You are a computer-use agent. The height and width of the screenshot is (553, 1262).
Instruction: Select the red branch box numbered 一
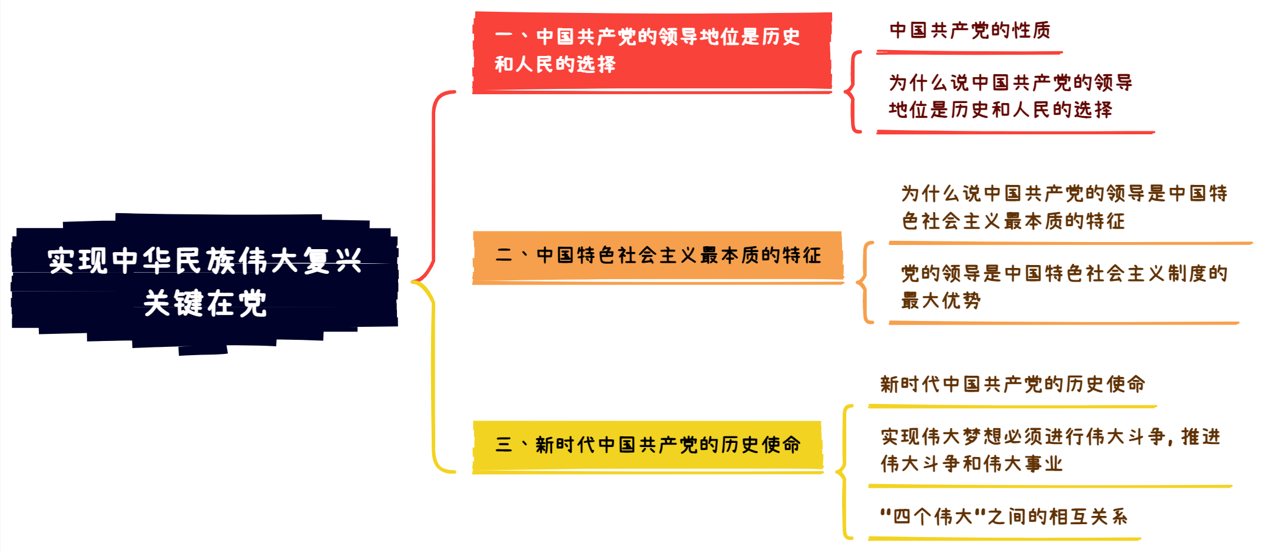tap(651, 52)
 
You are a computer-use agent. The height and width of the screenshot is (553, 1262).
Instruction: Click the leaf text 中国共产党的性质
tap(969, 31)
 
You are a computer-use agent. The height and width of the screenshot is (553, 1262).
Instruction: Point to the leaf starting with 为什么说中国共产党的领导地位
tap(1010, 96)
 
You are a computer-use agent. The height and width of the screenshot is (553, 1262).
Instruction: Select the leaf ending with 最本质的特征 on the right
tap(1064, 207)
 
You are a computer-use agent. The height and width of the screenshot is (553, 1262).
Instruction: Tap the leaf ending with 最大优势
tap(1064, 287)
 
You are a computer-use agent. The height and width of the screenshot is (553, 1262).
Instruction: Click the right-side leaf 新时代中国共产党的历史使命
tap(1012, 385)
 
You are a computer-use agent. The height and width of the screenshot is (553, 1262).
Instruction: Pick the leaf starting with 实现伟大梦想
tap(1049, 450)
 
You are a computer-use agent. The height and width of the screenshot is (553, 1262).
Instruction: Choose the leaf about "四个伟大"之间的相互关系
tap(1003, 517)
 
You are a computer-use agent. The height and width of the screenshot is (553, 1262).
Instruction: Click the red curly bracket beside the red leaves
tap(852, 92)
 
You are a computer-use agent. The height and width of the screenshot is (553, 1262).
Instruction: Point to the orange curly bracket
tap(864, 283)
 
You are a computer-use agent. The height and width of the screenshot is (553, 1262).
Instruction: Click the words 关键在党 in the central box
tap(205, 304)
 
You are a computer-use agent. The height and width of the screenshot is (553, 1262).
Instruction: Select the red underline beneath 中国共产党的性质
tap(969, 53)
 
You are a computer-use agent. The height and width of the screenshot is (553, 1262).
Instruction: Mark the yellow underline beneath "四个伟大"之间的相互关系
tap(1004, 538)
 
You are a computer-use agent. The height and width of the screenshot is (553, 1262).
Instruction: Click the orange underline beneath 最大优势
tap(1064, 323)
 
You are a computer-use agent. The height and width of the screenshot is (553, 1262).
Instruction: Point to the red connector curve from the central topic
tap(434, 183)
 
